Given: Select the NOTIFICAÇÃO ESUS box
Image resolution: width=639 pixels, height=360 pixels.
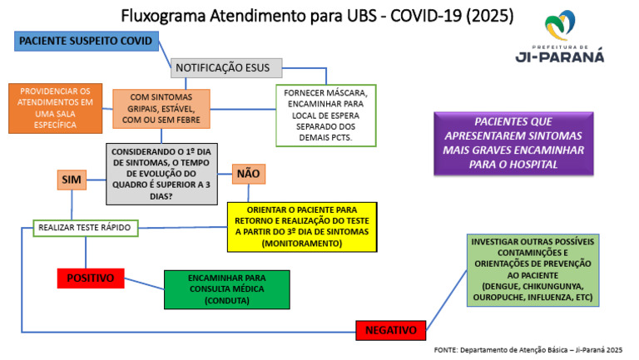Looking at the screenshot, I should click(x=226, y=68).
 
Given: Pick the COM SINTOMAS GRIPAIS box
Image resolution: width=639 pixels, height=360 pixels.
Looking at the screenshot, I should click(x=161, y=109).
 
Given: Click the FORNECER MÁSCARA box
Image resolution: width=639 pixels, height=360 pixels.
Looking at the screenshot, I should click(x=326, y=114).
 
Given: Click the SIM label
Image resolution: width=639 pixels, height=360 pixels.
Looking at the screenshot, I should click(x=72, y=180).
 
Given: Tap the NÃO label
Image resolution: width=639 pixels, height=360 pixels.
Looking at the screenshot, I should click(x=248, y=174).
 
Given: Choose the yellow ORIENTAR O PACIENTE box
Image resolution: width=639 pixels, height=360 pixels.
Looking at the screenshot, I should click(x=302, y=227).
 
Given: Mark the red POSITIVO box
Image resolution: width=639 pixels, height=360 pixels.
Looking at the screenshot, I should click(x=91, y=278).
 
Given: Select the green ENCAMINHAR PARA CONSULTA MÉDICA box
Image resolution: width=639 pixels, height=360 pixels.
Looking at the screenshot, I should click(x=226, y=288).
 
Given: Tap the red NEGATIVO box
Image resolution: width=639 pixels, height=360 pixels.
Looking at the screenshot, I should click(x=390, y=330).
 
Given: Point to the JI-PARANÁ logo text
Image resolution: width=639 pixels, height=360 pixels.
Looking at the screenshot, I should click(x=561, y=57).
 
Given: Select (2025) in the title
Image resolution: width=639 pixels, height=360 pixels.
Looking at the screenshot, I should click(x=487, y=16).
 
